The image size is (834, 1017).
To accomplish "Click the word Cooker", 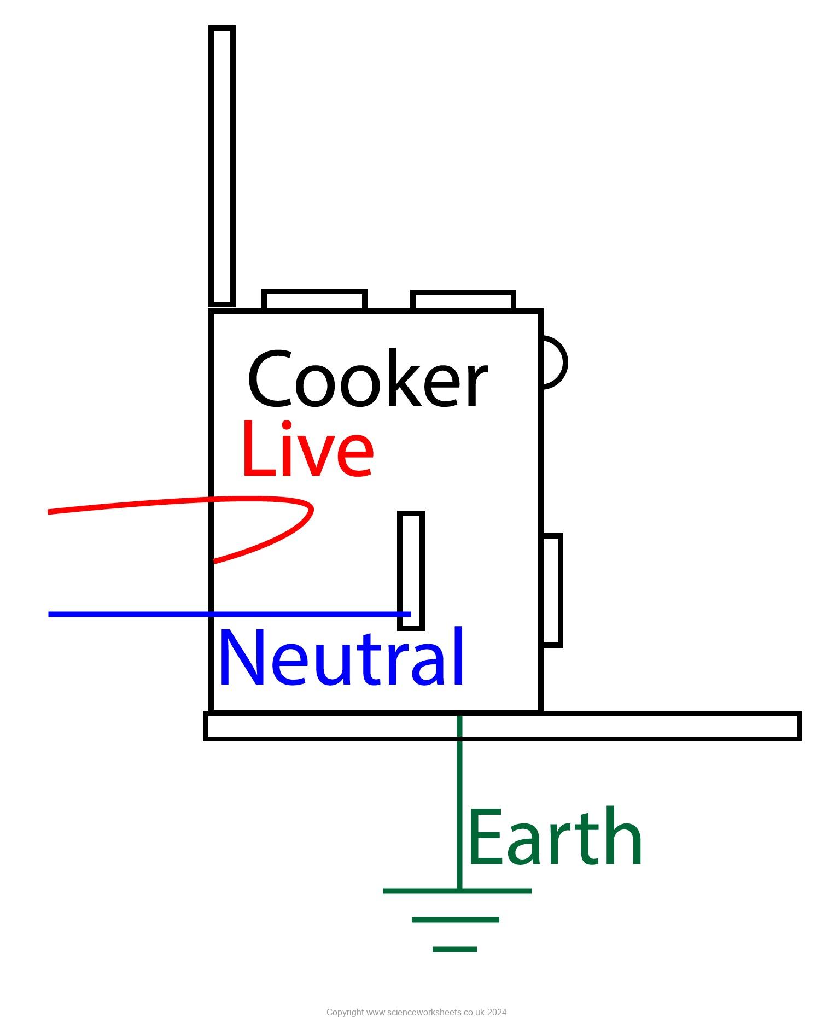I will (368, 379).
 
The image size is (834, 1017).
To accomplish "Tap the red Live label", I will (307, 449).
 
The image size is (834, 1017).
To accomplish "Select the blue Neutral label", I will (342, 657).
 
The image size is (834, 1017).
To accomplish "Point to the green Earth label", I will (555, 838).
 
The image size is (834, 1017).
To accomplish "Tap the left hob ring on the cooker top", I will (314, 300).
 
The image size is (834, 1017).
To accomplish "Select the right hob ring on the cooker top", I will (463, 301).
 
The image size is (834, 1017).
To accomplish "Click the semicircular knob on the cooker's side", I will (554, 363).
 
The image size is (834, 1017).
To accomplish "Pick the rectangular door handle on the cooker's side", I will (552, 591).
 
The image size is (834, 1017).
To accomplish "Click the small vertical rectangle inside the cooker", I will (411, 569).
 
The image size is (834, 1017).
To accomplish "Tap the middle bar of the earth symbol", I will (455, 920).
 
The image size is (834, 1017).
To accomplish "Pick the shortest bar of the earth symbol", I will (454, 949).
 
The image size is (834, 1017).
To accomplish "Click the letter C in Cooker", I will (269, 379).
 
